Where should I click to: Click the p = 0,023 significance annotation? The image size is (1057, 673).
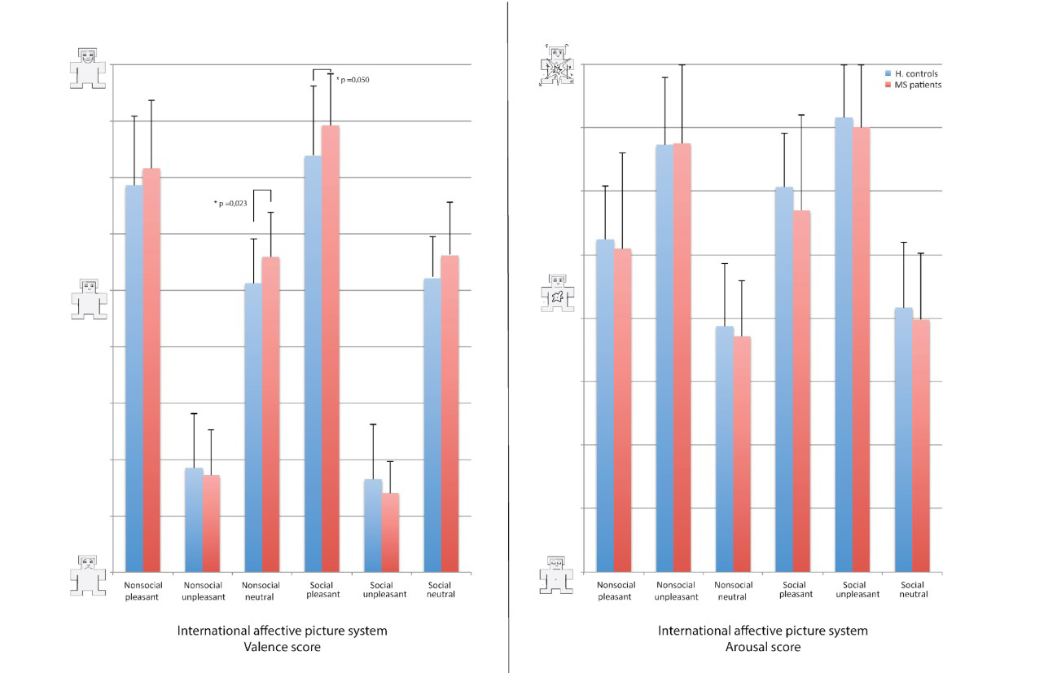click(x=230, y=203)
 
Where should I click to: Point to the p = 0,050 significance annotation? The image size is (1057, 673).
click(x=353, y=79)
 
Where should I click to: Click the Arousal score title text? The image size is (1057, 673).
click(x=763, y=647)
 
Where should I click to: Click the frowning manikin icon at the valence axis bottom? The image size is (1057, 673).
click(x=88, y=574)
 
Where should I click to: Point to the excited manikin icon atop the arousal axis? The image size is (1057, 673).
click(x=558, y=68)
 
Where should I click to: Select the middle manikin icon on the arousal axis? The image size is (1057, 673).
click(x=558, y=293)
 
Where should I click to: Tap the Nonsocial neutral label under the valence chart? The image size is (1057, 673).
click(x=261, y=591)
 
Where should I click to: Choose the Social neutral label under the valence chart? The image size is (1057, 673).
click(x=441, y=590)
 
